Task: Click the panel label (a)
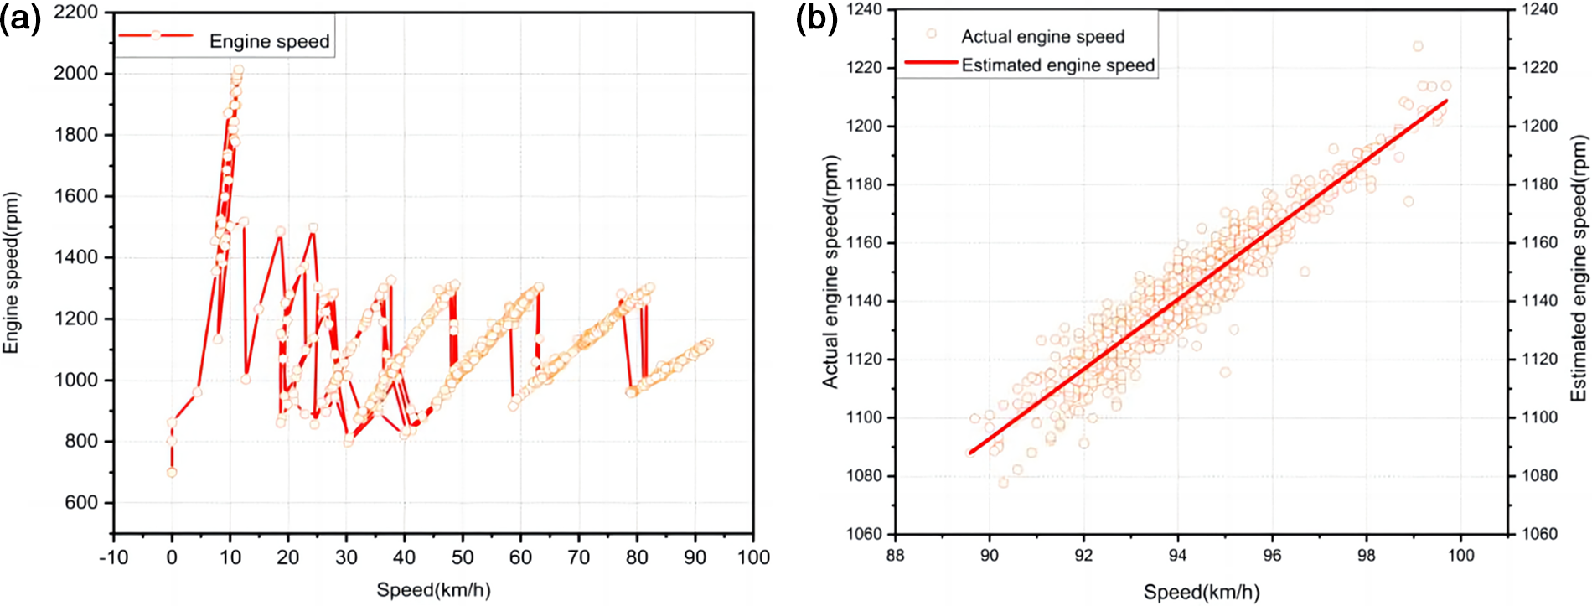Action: pyautogui.click(x=20, y=18)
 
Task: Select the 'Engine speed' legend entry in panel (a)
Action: pyautogui.click(x=269, y=41)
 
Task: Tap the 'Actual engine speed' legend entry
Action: pyautogui.click(x=1042, y=36)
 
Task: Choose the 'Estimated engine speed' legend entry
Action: pyautogui.click(x=1057, y=65)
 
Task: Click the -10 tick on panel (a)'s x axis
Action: pyautogui.click(x=113, y=557)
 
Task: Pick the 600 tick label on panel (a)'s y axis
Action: pyautogui.click(x=80, y=502)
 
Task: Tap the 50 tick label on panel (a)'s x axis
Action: pyautogui.click(x=463, y=557)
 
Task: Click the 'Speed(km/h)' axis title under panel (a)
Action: pyautogui.click(x=433, y=589)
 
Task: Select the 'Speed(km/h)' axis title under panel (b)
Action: pyautogui.click(x=1201, y=592)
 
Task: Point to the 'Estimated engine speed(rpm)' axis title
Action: pyautogui.click(x=1579, y=268)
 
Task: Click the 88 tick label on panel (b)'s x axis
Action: pyautogui.click(x=896, y=555)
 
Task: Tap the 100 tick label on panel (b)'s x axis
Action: pyautogui.click(x=1461, y=555)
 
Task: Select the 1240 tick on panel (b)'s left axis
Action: pyautogui.click(x=864, y=9)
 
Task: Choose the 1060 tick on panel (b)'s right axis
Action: pyautogui.click(x=1539, y=534)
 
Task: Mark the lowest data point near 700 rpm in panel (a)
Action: pyautogui.click(x=172, y=473)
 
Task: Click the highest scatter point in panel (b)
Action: pyautogui.click(x=1418, y=47)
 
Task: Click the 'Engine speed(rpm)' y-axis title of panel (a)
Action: pyautogui.click(x=11, y=272)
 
